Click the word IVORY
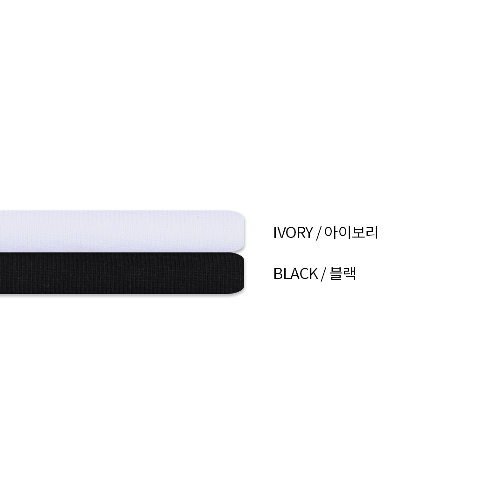(293, 233)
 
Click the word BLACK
(295, 274)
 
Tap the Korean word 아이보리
(351, 232)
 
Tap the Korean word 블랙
(343, 274)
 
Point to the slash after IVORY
(319, 233)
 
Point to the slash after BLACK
(323, 274)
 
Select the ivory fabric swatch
(122, 231)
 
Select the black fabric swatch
(122, 273)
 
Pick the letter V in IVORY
(280, 233)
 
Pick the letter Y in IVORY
(308, 233)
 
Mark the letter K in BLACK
(314, 274)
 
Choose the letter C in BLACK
(304, 274)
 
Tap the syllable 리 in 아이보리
(372, 232)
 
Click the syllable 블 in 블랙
(336, 274)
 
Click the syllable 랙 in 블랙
(350, 274)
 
